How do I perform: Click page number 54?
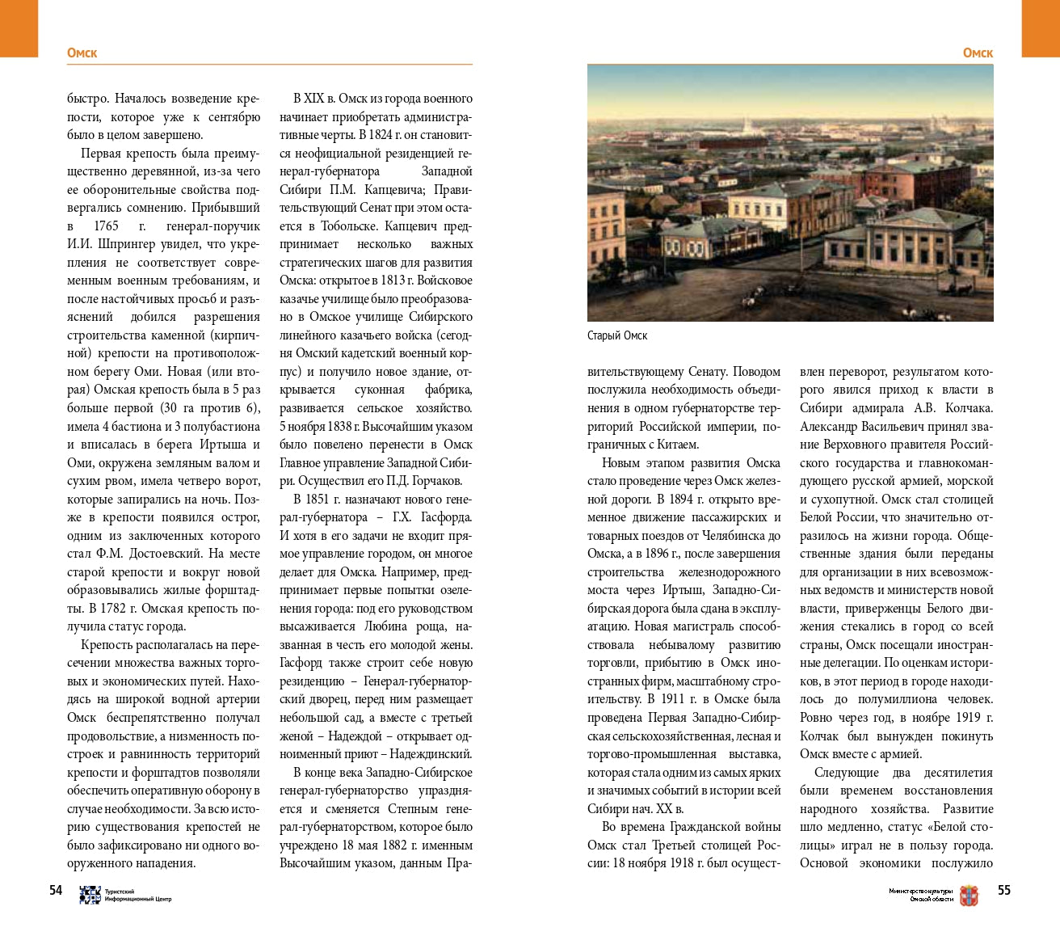pyautogui.click(x=56, y=890)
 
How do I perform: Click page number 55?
pyautogui.click(x=1003, y=890)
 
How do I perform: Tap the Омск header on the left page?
pyautogui.click(x=82, y=53)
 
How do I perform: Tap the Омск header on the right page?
pyautogui.click(x=978, y=53)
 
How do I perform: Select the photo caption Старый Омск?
pyautogui.click(x=617, y=335)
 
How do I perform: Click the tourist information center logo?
pyautogui.click(x=90, y=895)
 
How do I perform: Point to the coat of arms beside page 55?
pyautogui.click(x=968, y=895)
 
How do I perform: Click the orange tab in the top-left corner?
pyautogui.click(x=19, y=28)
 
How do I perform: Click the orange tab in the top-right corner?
pyautogui.click(x=1041, y=28)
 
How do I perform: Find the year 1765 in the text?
pyautogui.click(x=106, y=226)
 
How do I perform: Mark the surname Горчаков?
pyautogui.click(x=433, y=481)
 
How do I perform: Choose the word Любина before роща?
pyautogui.click(x=385, y=626)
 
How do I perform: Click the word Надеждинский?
pyautogui.click(x=431, y=754)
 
